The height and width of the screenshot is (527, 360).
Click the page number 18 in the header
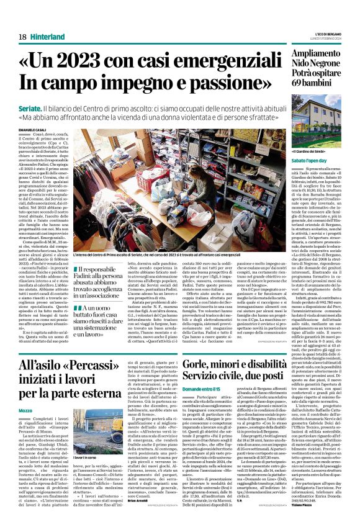pyautogui.click(x=23, y=37)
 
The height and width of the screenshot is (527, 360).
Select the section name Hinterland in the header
pyautogui.click(x=47, y=37)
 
